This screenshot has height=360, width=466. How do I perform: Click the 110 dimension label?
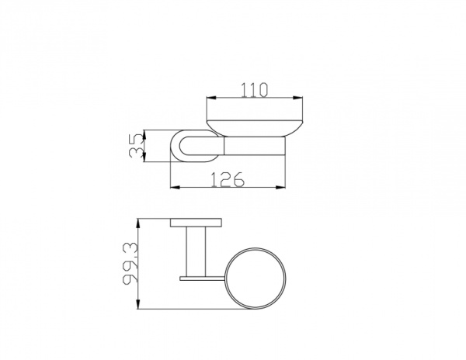(x=254, y=90)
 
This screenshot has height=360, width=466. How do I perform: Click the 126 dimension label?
(x=228, y=179)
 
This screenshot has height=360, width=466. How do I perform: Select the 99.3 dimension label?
(x=130, y=263)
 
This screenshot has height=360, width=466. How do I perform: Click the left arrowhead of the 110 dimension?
(x=211, y=97)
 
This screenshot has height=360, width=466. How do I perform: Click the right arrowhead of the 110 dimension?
(x=297, y=97)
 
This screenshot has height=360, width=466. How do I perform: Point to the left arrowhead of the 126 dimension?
(x=175, y=187)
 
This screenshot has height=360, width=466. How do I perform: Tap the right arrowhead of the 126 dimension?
(x=280, y=187)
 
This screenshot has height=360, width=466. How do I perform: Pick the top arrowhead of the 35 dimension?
(x=144, y=134)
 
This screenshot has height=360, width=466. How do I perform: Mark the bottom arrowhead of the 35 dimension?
(x=144, y=157)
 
